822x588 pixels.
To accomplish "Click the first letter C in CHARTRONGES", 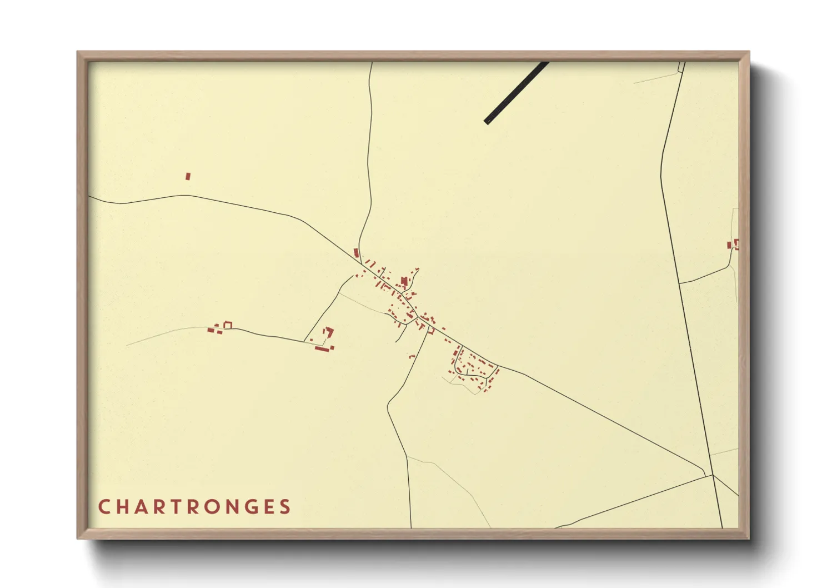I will (x=104, y=507).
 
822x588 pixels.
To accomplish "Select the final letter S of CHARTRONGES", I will (x=285, y=507).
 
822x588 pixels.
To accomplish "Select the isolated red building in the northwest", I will (x=188, y=176).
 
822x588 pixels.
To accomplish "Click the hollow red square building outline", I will (x=227, y=325).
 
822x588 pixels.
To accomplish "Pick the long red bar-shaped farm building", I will (x=322, y=348).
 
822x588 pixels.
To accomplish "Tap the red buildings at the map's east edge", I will (x=734, y=244).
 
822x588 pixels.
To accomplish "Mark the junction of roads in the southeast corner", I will (x=713, y=475).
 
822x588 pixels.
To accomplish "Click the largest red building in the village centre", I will (x=404, y=281).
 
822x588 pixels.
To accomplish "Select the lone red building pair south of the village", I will (x=412, y=356).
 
